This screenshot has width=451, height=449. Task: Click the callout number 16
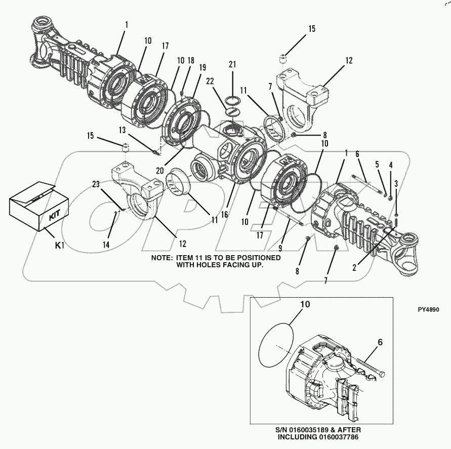tap(224, 215)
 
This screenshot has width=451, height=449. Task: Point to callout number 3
tap(396, 183)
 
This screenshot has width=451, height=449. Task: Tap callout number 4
tap(390, 165)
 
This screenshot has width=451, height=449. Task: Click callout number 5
tap(377, 164)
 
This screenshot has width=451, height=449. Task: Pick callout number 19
tap(202, 67)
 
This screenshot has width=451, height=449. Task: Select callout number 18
tap(190, 60)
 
